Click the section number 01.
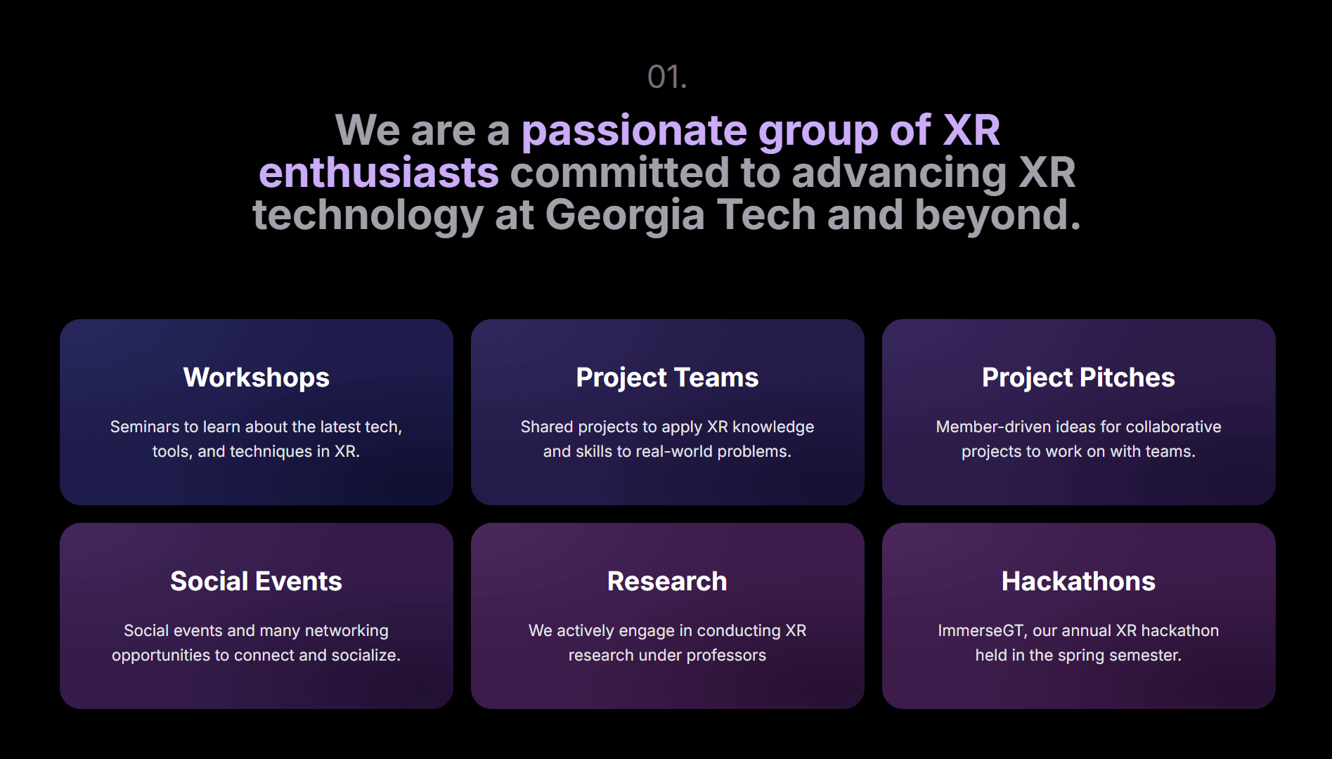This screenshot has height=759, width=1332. pyautogui.click(x=667, y=77)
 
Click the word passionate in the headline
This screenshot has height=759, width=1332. pyautogui.click(x=634, y=131)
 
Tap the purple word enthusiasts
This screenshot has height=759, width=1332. pyautogui.click(x=379, y=173)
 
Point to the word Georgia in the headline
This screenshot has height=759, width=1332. pyautogui.click(x=624, y=216)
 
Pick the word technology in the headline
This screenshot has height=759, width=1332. pyautogui.click(x=368, y=216)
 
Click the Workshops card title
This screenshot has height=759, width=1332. pyautogui.click(x=257, y=378)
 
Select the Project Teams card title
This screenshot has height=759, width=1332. pyautogui.click(x=667, y=378)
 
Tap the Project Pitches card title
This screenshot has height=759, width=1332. pyautogui.click(x=1078, y=378)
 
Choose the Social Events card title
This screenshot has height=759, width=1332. pyautogui.click(x=257, y=581)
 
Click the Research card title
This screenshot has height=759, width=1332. pyautogui.click(x=667, y=581)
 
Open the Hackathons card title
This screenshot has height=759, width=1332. pyautogui.click(x=1078, y=581)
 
